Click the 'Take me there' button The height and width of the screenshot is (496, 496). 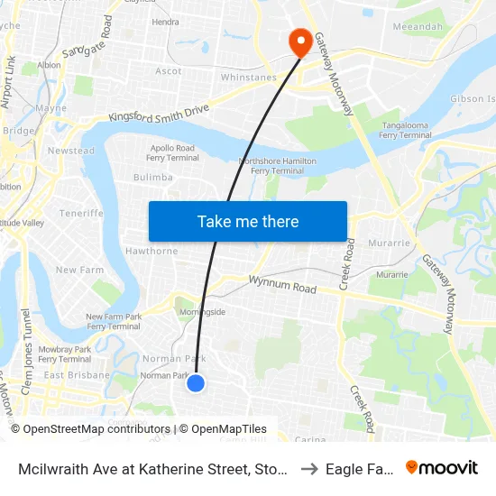(248, 221)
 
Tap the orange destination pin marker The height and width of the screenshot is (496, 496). (299, 41)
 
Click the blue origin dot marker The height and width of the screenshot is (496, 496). (196, 383)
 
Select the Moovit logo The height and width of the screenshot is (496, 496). (441, 467)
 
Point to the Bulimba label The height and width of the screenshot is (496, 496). (152, 178)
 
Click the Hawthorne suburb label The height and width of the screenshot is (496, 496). (152, 251)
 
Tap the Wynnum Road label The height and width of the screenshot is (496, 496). (282, 285)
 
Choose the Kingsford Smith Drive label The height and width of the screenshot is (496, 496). (159, 113)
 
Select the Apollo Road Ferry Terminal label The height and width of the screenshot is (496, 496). (171, 152)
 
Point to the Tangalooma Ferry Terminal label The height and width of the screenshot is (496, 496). (405, 130)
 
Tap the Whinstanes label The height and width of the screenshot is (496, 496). (248, 78)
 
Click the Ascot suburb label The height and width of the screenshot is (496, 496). (169, 70)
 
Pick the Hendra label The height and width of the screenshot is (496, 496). (165, 22)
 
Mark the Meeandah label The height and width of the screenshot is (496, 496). (416, 28)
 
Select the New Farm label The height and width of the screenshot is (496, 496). (79, 270)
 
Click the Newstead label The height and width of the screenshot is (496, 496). (70, 151)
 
